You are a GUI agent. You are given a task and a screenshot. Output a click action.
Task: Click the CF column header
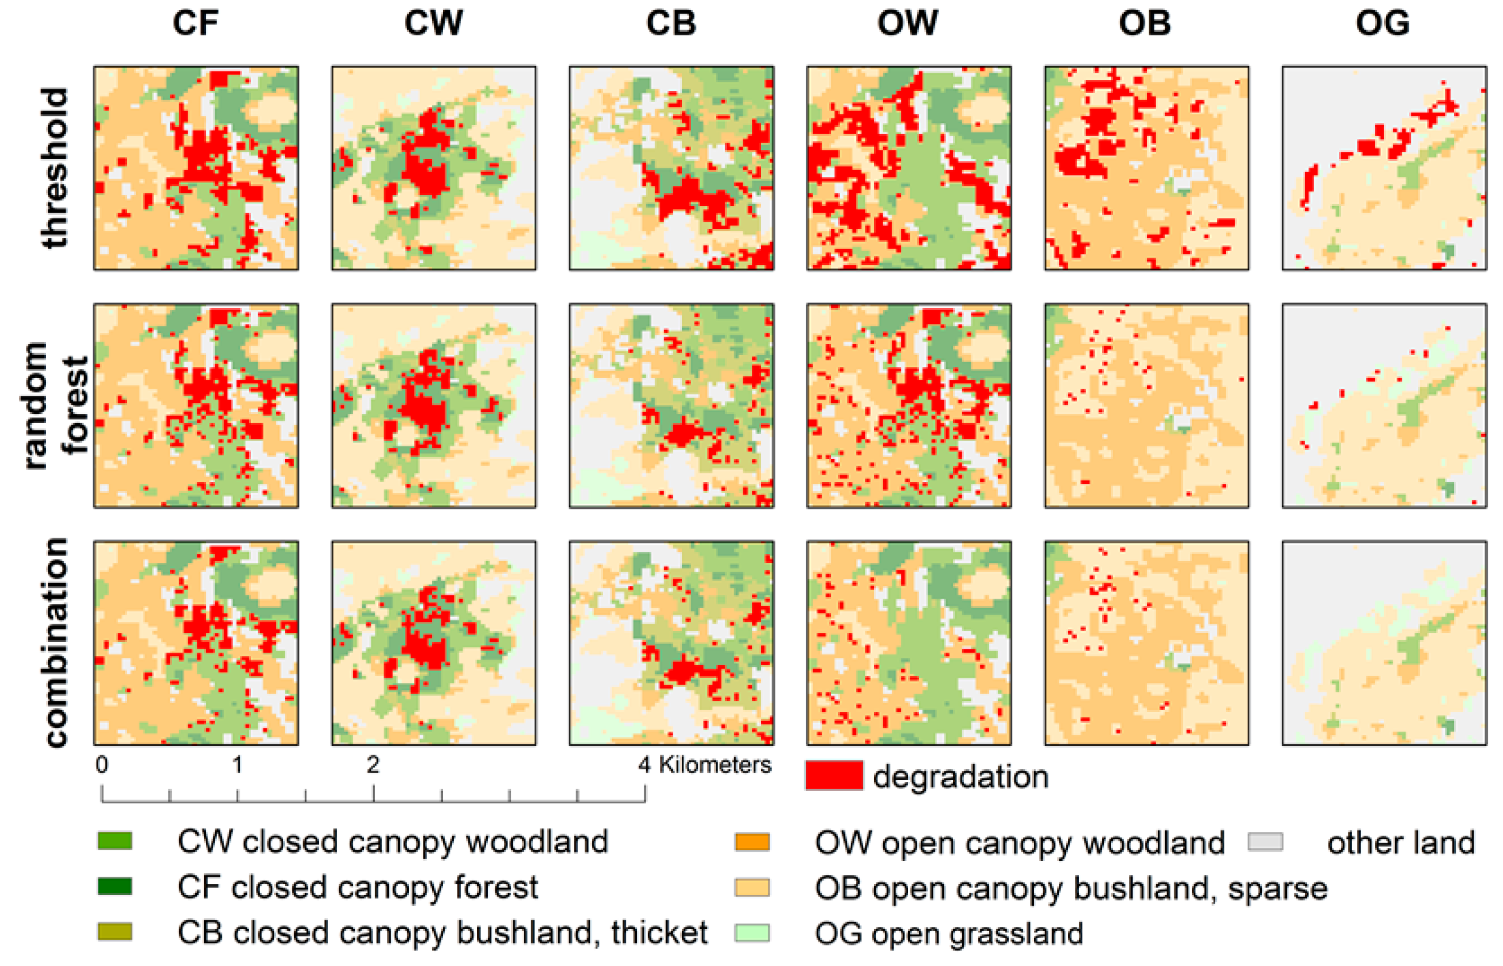click(195, 23)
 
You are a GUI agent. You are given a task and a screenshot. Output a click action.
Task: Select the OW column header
click(908, 23)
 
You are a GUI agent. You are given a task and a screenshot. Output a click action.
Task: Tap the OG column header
click(1382, 23)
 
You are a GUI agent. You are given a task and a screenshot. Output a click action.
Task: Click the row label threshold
click(55, 168)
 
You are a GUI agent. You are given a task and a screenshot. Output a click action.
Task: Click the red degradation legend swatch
click(834, 776)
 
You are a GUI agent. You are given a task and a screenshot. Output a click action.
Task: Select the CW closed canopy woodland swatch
click(115, 840)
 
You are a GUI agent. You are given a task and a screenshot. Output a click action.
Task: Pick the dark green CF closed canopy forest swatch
click(115, 886)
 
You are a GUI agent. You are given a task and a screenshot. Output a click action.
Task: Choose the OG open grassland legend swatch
click(752, 933)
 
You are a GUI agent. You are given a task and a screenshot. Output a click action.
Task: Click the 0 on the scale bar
click(102, 765)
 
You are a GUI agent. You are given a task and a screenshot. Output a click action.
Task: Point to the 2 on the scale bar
click(372, 765)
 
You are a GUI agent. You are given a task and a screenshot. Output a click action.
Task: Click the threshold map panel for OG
click(1384, 168)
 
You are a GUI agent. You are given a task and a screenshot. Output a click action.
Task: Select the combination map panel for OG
click(1384, 643)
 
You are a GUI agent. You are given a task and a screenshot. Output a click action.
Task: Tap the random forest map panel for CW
click(433, 405)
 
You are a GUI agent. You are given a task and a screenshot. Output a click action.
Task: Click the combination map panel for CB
click(671, 643)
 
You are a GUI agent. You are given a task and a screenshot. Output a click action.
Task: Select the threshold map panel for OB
click(1146, 168)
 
